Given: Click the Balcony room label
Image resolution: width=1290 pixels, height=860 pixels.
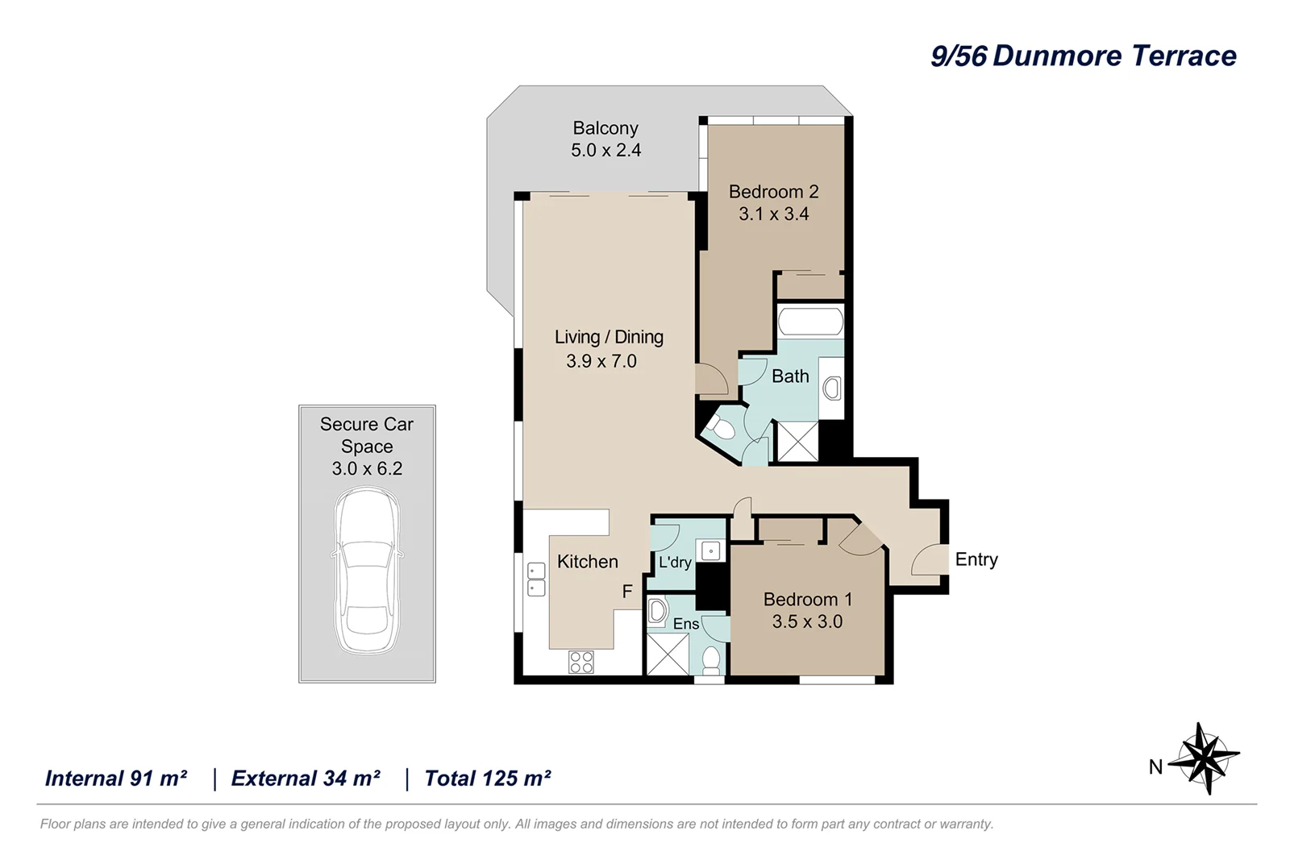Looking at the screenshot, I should (x=605, y=128).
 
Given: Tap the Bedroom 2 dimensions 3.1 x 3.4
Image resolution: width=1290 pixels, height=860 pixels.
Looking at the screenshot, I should (x=773, y=214).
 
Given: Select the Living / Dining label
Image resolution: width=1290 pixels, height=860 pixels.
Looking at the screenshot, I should (x=609, y=337).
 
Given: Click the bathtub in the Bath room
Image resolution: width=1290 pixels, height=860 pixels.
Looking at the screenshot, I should (x=810, y=322).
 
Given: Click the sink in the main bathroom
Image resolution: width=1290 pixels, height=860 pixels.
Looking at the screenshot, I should (x=832, y=388).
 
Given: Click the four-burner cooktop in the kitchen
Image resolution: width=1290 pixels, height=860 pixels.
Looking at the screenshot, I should (x=581, y=662).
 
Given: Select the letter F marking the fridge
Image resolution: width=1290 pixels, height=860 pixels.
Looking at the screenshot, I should (x=627, y=592).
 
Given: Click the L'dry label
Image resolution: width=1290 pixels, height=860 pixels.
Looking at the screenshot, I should (x=675, y=563).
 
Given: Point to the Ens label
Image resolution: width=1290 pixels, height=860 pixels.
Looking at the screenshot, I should (x=686, y=624).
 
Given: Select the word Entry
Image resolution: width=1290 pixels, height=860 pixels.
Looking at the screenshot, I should (x=976, y=559).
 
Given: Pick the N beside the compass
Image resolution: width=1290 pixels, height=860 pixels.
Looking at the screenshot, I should (x=1155, y=767).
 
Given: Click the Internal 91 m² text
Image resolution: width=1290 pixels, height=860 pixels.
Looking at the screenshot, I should (x=116, y=779).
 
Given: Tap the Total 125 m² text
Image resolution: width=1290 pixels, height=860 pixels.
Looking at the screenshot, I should (x=487, y=779).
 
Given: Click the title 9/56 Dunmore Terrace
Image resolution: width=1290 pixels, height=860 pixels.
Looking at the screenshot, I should (x=1083, y=56).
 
